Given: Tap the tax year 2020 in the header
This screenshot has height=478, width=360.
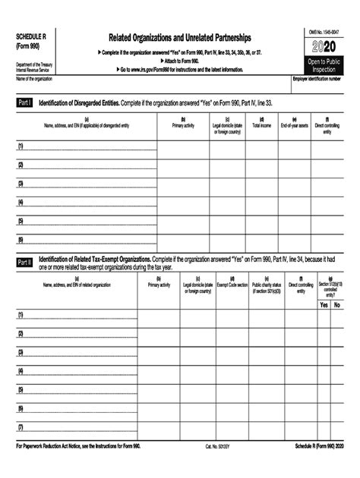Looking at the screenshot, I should click(324, 48).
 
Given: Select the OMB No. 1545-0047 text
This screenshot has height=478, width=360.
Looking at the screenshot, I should click(324, 31).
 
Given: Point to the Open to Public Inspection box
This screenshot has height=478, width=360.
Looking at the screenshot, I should click(324, 64).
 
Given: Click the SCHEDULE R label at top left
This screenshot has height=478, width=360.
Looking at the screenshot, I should click(32, 36).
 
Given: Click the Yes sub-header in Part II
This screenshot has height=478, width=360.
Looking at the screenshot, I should click(324, 304).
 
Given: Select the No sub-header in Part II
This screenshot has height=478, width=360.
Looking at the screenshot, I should click(338, 304).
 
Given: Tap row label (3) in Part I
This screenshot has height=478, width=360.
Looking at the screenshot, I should click(21, 183).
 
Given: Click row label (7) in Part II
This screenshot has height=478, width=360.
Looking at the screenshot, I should click(21, 427).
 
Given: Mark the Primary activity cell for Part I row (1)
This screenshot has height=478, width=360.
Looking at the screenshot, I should click(184, 146).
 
